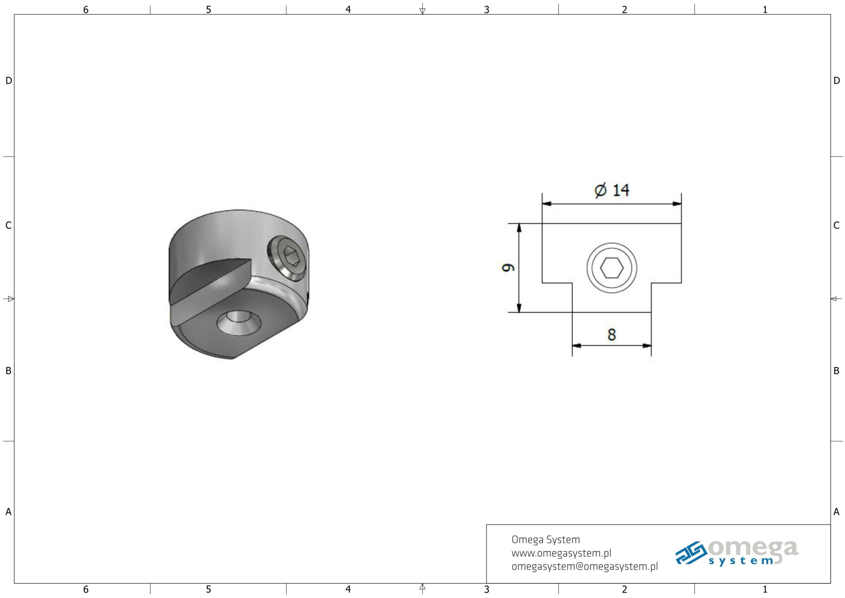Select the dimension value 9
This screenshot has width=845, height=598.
pyautogui.click(x=508, y=267)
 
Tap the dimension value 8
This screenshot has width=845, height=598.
pyautogui.click(x=612, y=334)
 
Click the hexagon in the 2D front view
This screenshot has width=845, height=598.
pyautogui.click(x=612, y=268)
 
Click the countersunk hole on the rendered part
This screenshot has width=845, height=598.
pyautogui.click(x=239, y=322)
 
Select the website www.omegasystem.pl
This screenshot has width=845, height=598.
pyautogui.click(x=561, y=553)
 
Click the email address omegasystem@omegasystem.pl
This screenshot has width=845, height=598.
pyautogui.click(x=585, y=566)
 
